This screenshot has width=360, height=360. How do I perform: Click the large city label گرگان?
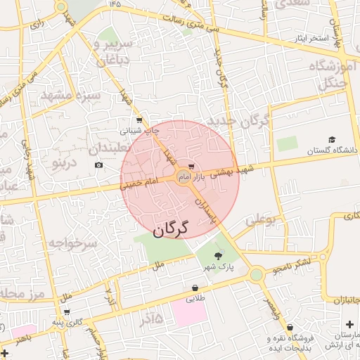tap(171, 229)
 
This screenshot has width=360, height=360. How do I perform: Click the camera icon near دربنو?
tap(98, 165)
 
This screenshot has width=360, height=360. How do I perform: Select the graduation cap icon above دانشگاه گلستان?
tap(332, 140)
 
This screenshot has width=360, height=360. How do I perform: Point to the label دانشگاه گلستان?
tap(332, 150)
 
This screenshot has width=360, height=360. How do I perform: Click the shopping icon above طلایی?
tap(194, 288)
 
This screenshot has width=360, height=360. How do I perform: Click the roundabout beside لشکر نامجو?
tap(255, 274)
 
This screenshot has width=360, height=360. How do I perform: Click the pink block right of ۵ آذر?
tap(190, 313)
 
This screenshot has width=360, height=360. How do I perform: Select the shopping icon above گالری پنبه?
tap(67, 311)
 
